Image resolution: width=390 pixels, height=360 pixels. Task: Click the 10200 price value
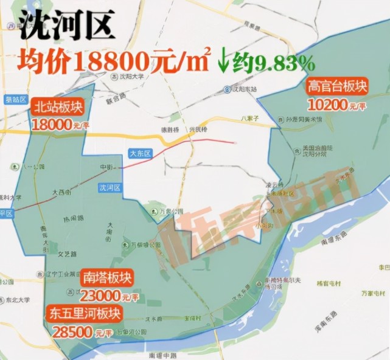pos(328,104)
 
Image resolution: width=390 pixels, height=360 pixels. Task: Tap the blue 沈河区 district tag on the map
pos(110,189)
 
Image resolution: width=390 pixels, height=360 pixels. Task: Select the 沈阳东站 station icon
pos(228,88)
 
